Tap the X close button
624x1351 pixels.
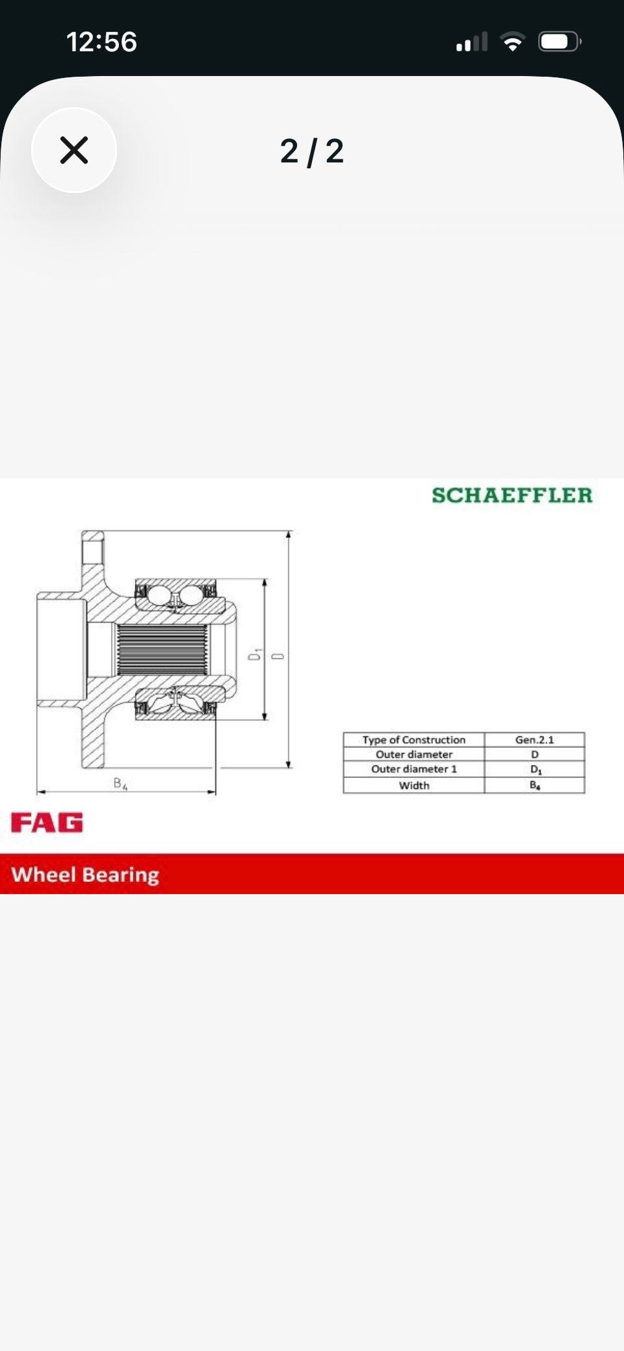(74, 150)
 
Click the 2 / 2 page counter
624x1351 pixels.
(312, 151)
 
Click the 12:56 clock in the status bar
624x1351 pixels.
(102, 42)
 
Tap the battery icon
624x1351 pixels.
(560, 42)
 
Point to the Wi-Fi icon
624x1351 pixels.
(513, 42)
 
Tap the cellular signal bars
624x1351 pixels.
(472, 42)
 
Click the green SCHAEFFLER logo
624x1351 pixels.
(512, 495)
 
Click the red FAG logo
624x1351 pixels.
(47, 823)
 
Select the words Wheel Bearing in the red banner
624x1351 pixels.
(85, 875)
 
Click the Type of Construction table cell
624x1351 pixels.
(414, 740)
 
